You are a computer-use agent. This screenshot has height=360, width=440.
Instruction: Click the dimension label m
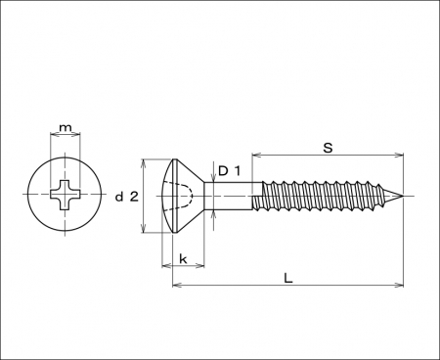[66, 127]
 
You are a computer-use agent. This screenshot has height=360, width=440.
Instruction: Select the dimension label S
[328, 148]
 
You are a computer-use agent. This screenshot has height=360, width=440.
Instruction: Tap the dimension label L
[288, 278]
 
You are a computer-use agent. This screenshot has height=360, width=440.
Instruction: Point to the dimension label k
[183, 259]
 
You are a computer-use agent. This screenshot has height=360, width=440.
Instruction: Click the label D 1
[229, 171]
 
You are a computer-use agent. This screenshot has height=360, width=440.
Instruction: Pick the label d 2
[127, 197]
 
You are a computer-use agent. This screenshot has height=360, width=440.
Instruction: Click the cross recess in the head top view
[66, 195]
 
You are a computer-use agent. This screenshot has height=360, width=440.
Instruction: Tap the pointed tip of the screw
[403, 197]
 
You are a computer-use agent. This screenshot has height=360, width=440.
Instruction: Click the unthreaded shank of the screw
[228, 196]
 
